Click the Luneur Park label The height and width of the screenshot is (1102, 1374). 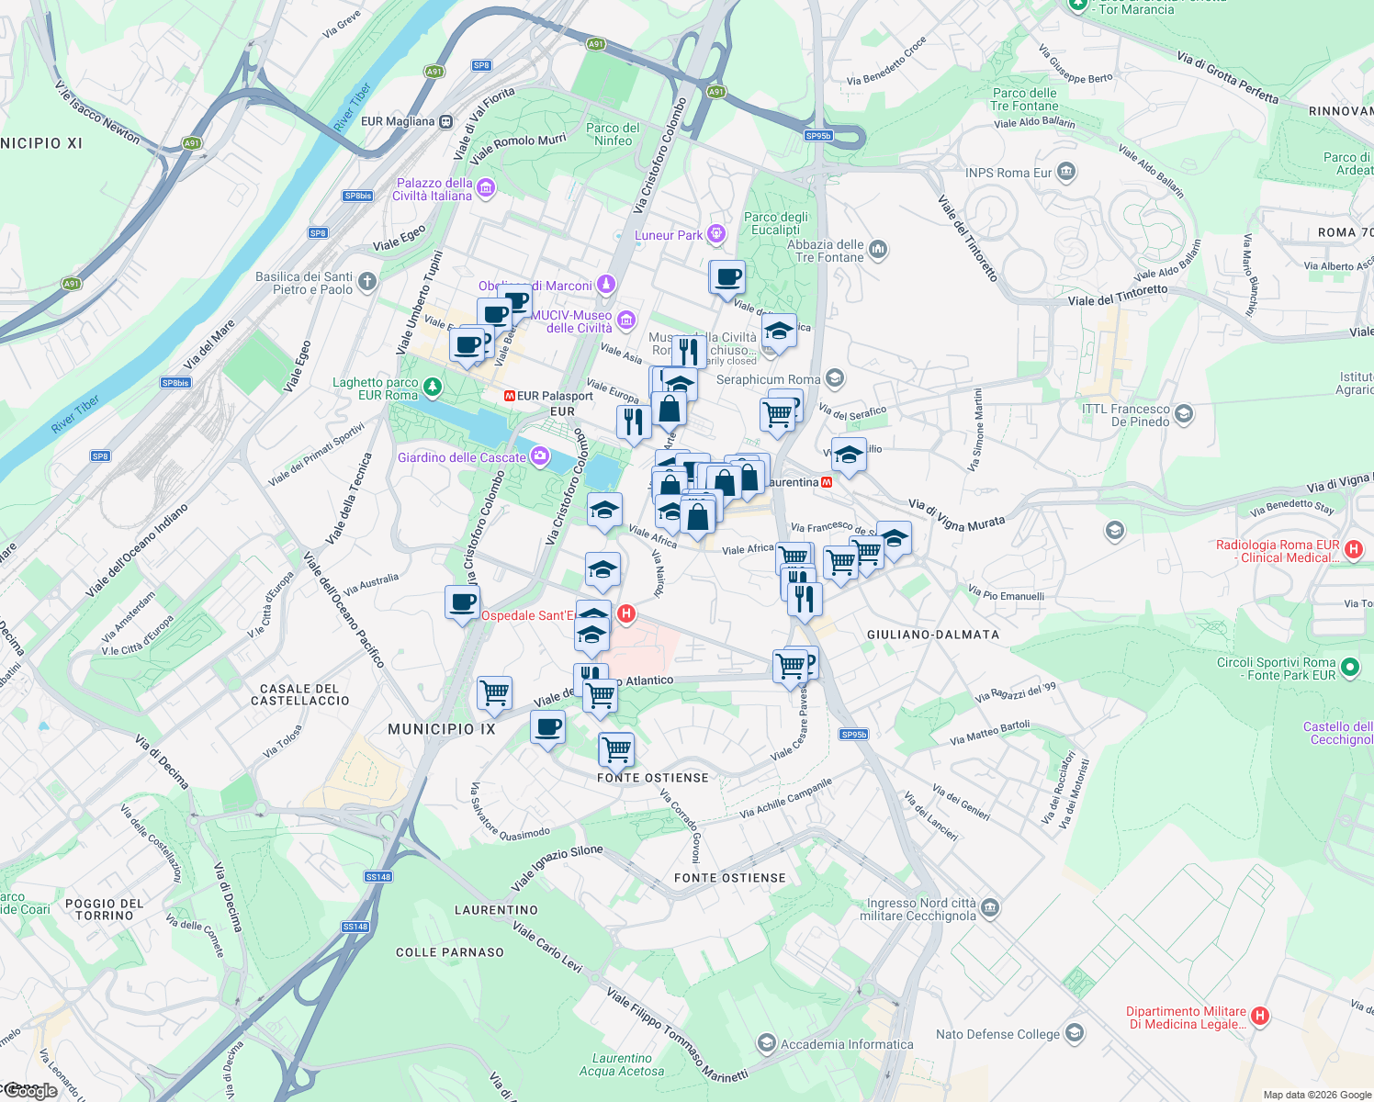(669, 235)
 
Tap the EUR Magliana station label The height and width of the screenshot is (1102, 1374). (398, 121)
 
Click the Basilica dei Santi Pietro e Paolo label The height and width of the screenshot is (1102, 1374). (304, 283)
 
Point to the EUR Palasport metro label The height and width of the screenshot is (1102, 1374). (555, 396)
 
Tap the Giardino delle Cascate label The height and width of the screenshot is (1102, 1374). (462, 457)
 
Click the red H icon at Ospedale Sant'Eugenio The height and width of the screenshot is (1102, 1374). (626, 613)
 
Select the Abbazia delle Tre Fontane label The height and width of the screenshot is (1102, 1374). (826, 251)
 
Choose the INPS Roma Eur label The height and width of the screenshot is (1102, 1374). (1008, 173)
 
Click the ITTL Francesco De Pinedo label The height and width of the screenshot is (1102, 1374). (1126, 415)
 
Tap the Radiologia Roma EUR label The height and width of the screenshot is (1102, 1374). (1278, 551)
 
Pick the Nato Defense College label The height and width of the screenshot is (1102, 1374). (997, 1034)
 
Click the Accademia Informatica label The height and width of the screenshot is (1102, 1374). (847, 1044)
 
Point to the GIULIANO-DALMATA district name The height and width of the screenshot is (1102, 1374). (932, 635)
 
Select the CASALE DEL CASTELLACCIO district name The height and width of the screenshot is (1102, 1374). (300, 694)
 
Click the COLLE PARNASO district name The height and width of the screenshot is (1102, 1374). (450, 952)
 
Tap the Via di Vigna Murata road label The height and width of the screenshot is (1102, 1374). (956, 515)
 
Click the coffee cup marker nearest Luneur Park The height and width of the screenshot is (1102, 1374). (728, 277)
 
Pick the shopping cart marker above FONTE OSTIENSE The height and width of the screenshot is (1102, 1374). (616, 748)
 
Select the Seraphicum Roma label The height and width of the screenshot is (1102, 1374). (768, 379)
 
